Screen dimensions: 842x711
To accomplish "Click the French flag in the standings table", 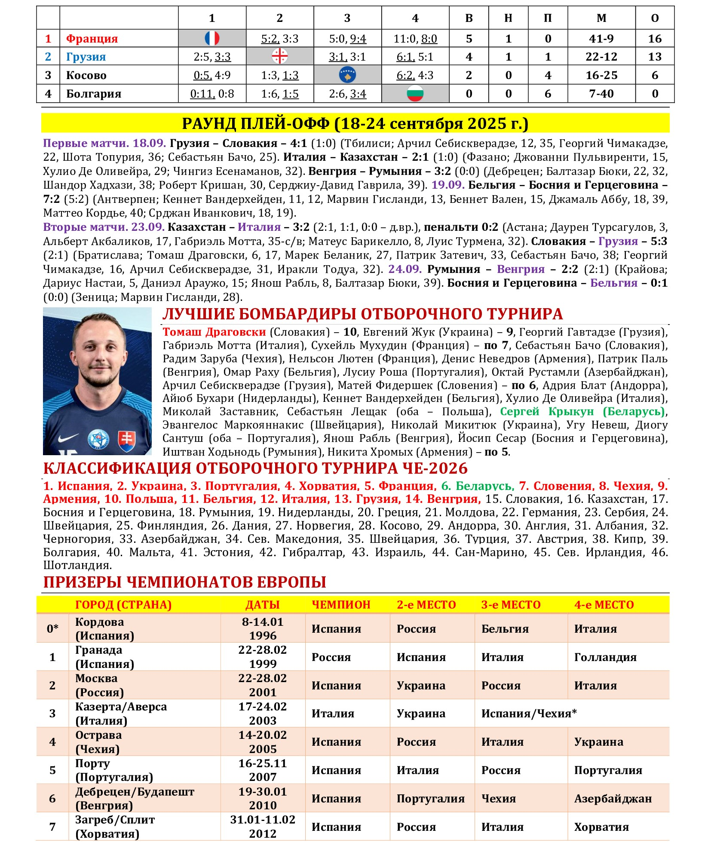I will pyautogui.click(x=212, y=38).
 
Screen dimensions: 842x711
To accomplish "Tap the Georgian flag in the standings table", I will pyautogui.click(x=279, y=56).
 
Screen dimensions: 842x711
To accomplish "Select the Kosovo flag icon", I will pyautogui.click(x=347, y=75).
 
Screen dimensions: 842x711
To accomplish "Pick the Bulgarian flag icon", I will pyautogui.click(x=415, y=93).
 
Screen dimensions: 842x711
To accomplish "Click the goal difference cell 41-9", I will pyautogui.click(x=601, y=39).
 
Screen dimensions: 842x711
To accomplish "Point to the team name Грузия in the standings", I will pyautogui.click(x=86, y=57).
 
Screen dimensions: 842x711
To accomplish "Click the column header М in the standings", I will pyautogui.click(x=601, y=18).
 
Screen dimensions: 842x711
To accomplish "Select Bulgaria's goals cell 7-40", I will pyautogui.click(x=601, y=94).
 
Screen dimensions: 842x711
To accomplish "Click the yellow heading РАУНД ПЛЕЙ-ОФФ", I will pyautogui.click(x=355, y=123).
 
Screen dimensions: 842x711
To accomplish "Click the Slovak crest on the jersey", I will pyautogui.click(x=126, y=441).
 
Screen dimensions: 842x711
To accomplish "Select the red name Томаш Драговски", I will pyautogui.click(x=214, y=332).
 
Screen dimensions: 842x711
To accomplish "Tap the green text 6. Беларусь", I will pyautogui.click(x=477, y=486).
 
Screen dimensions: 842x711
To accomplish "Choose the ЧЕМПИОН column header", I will pyautogui.click(x=341, y=605).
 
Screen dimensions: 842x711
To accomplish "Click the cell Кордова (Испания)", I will pyautogui.click(x=104, y=628).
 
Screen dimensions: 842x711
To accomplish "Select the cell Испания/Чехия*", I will pyautogui.click(x=529, y=713).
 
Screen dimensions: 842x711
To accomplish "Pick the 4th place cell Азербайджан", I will pyautogui.click(x=613, y=799).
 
